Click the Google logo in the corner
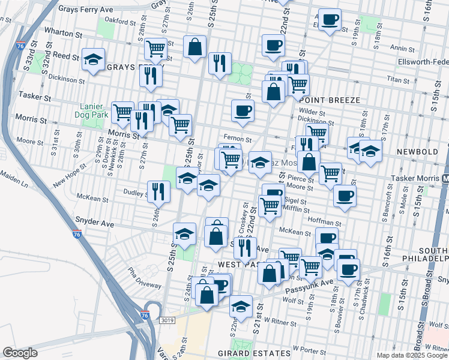click(x=20, y=353)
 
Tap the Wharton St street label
click(x=62, y=35)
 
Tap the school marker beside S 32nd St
click(x=93, y=60)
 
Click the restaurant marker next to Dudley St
click(x=159, y=191)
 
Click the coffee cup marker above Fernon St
click(x=243, y=110)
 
